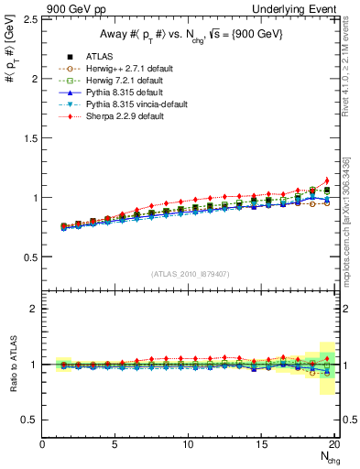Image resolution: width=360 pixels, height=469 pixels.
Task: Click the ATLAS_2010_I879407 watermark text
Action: click(x=190, y=273)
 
